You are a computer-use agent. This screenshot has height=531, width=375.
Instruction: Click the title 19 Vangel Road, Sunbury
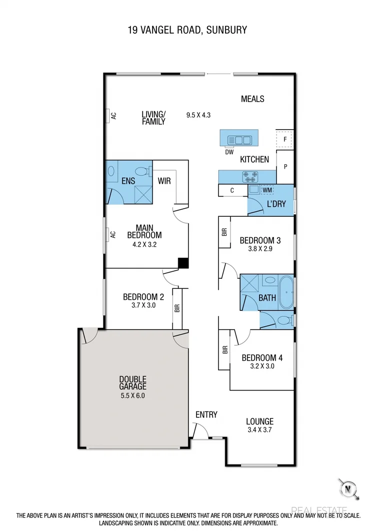tap(187, 30)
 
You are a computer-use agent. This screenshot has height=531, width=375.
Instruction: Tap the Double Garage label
tap(132, 383)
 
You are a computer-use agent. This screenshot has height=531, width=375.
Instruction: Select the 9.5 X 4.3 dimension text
tap(198, 115)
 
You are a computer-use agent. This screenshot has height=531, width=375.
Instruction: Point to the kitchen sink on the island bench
tap(239, 140)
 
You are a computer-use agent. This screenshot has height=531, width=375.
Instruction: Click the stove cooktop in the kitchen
tap(249, 176)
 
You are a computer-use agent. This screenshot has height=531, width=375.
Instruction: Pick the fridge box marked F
tap(285, 140)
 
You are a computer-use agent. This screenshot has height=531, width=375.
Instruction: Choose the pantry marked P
tap(285, 167)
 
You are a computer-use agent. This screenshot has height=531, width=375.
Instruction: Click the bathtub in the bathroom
tap(286, 292)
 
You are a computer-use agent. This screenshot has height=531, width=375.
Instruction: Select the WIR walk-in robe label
tap(164, 181)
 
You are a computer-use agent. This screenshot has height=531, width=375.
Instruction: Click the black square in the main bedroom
tap(183, 263)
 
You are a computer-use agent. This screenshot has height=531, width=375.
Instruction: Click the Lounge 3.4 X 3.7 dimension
tap(259, 429)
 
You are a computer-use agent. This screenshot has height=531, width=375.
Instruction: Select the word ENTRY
tap(206, 414)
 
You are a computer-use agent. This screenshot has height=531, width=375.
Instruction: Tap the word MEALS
tap(252, 99)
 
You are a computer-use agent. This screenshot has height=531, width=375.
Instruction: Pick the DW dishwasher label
tap(229, 152)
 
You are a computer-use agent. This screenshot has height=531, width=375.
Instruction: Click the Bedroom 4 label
tap(262, 358)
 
